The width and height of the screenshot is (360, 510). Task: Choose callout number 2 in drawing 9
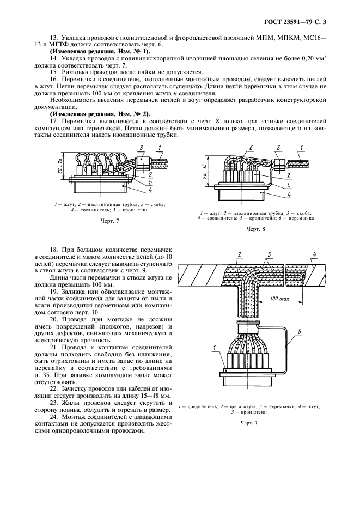click(x=239, y=254)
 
